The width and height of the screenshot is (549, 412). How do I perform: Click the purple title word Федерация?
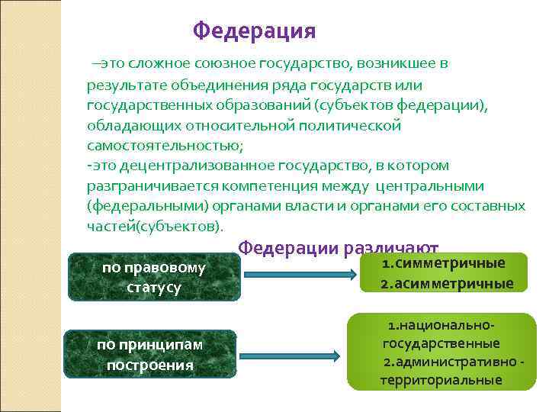(254, 31)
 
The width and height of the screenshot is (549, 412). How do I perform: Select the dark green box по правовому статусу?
(153, 278)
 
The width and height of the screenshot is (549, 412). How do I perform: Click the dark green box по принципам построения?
(149, 355)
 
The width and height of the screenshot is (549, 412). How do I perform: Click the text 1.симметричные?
(444, 263)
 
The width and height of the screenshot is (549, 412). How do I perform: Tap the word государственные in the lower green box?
(441, 343)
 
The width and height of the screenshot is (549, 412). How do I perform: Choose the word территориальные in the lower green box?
(441, 380)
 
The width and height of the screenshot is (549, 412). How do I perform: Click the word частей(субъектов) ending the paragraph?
(156, 227)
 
